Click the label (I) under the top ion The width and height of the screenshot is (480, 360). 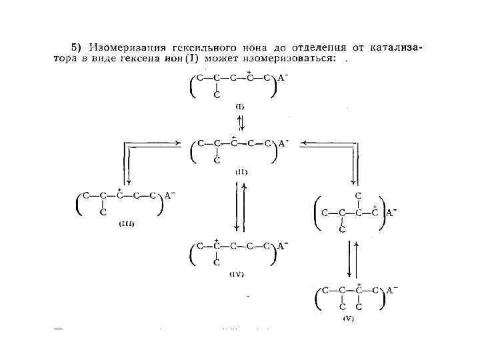(x=240, y=106)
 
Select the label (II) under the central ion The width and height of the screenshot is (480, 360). (x=240, y=171)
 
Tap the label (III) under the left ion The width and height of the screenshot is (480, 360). (x=126, y=224)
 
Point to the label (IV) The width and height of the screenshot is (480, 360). (x=237, y=274)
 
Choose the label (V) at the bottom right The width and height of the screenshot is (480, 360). (x=349, y=319)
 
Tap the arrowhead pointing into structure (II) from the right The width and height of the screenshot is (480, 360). (x=303, y=143)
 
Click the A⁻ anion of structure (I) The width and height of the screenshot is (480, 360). (x=283, y=77)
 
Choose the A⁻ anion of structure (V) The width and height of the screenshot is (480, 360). (x=392, y=289)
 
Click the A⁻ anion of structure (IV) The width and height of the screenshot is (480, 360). (x=283, y=245)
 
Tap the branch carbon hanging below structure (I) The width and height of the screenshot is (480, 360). (x=217, y=95)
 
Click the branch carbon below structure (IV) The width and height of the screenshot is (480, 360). (x=217, y=263)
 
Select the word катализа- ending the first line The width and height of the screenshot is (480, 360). (x=398, y=47)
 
